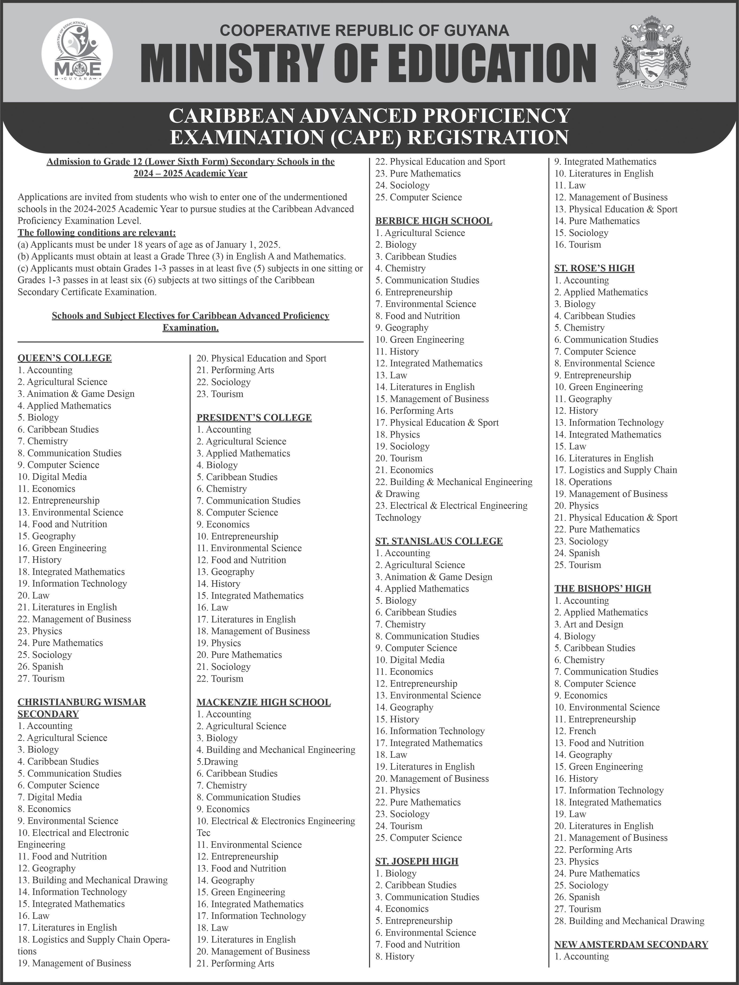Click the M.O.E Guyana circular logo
click(77, 54)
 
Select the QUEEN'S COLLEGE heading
click(65, 358)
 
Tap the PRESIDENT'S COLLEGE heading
click(254, 417)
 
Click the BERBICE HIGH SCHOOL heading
click(433, 221)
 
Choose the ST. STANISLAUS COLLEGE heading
click(439, 541)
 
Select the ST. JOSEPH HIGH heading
click(416, 861)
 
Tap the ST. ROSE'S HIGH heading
click(594, 268)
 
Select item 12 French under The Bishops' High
click(575, 731)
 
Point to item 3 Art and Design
click(588, 624)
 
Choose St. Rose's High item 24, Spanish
click(577, 553)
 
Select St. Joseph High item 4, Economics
click(402, 909)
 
